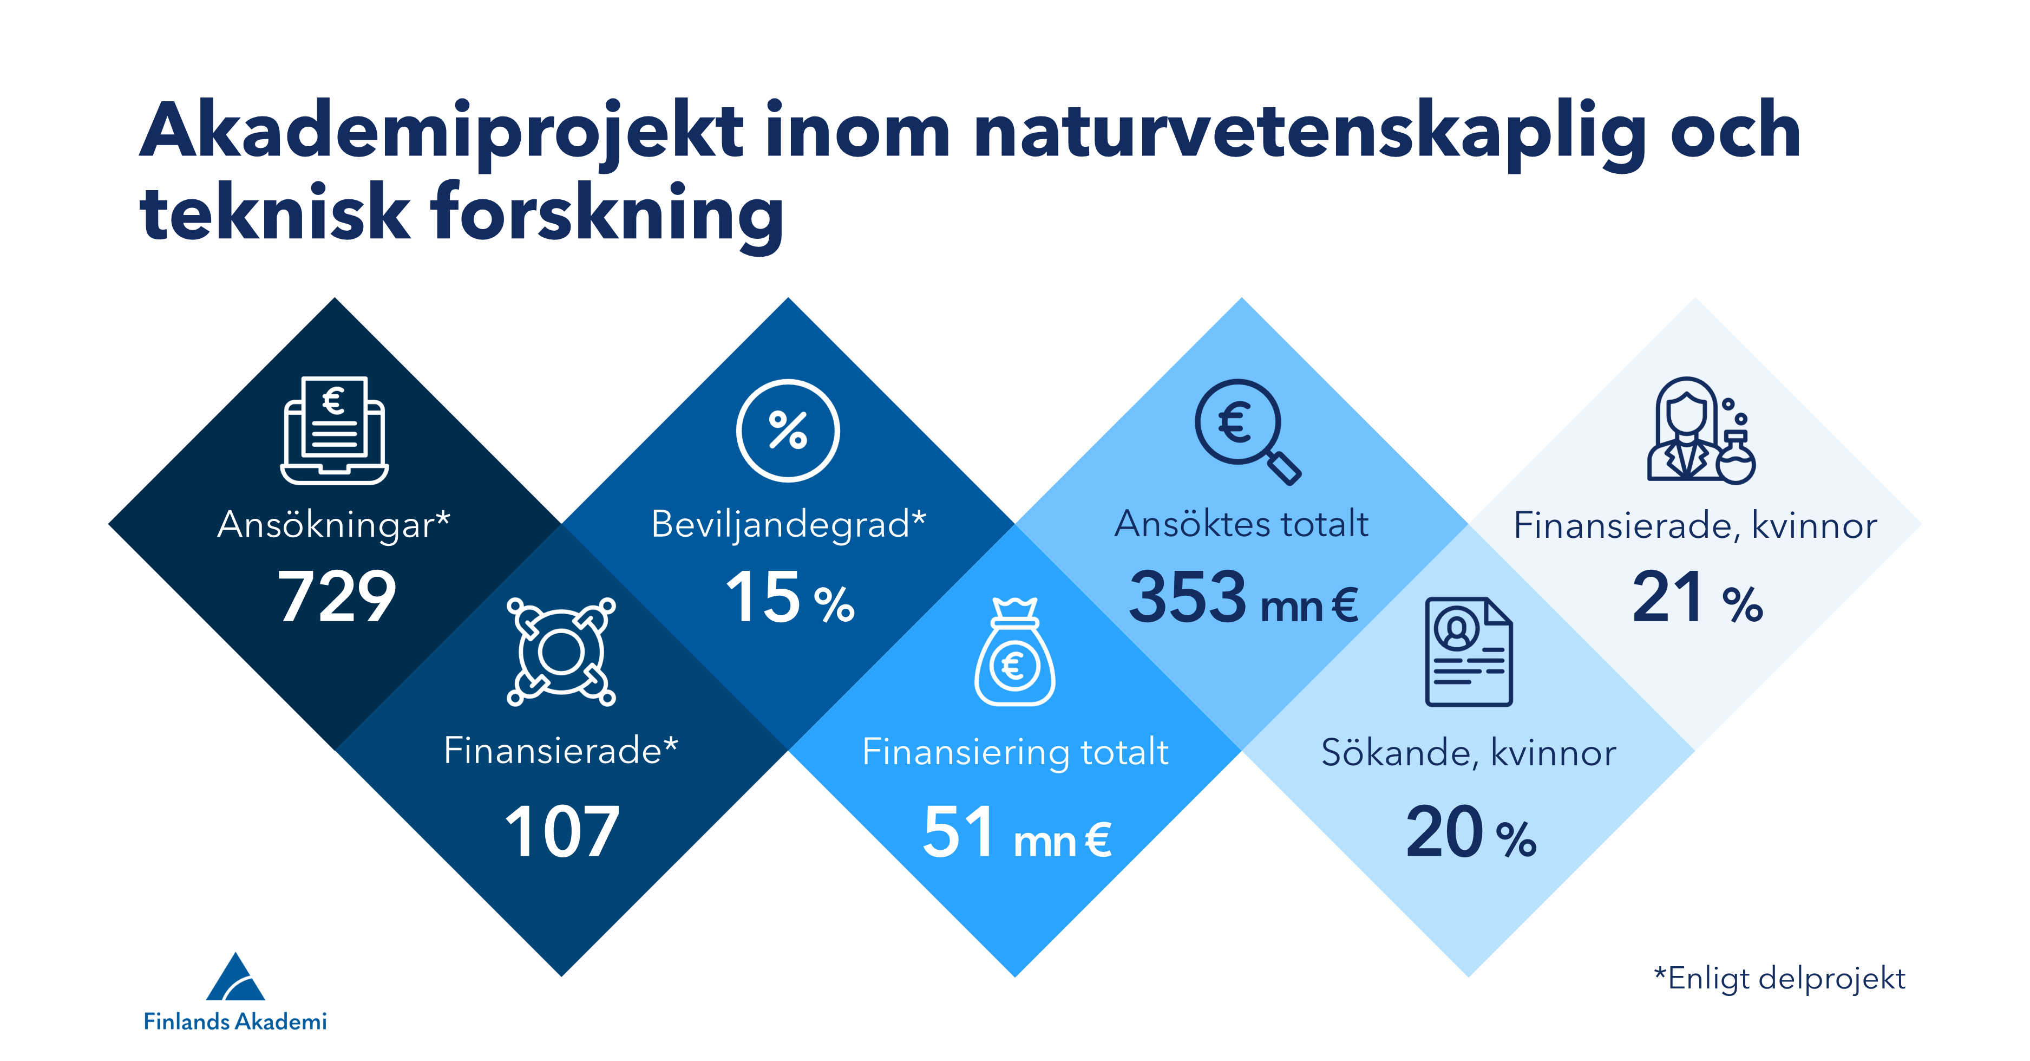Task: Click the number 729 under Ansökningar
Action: point(337,597)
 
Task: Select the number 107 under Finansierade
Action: point(562,831)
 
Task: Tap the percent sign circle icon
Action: point(788,431)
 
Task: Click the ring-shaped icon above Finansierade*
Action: point(561,651)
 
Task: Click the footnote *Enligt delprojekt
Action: point(1779,978)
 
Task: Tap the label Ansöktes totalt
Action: point(1241,523)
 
